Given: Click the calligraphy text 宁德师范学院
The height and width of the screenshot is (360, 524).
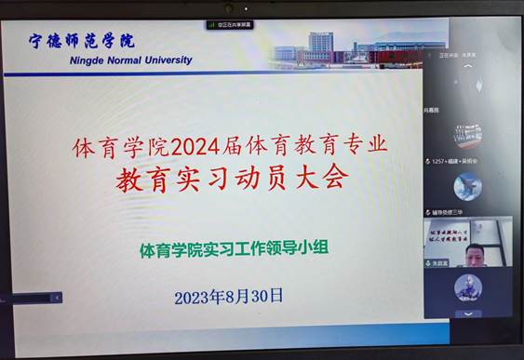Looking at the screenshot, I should pos(83,41).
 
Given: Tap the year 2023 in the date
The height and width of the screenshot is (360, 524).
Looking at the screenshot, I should pos(194,298).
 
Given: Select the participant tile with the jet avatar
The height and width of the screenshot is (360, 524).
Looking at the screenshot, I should pos(467,186).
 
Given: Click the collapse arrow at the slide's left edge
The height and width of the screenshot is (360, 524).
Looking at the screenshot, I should pos(56,298).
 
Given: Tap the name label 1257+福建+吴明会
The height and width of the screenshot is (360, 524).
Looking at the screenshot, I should pos(453,161).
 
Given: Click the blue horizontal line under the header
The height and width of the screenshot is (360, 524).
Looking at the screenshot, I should pos(140,73).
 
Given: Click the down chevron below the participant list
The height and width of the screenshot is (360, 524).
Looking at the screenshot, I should pos(468,313).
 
